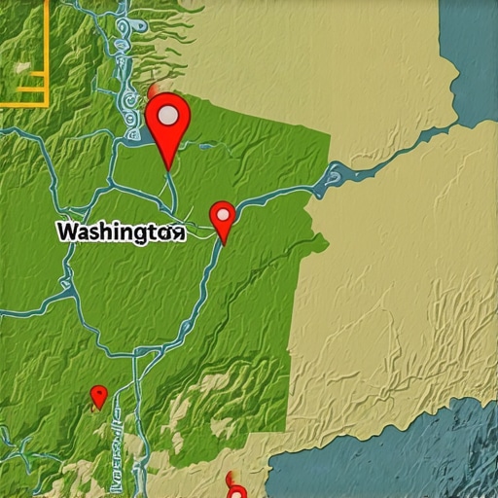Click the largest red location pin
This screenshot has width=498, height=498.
[168, 123]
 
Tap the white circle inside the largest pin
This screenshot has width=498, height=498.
[168, 116]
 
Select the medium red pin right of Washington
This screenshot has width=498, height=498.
[223, 218]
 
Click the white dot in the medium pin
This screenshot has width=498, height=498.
[223, 212]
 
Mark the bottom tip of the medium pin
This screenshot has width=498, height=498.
[225, 242]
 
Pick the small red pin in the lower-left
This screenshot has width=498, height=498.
[98, 396]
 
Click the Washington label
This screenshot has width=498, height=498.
[120, 233]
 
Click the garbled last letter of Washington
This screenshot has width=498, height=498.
[176, 233]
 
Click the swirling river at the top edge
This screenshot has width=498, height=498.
[126, 39]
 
